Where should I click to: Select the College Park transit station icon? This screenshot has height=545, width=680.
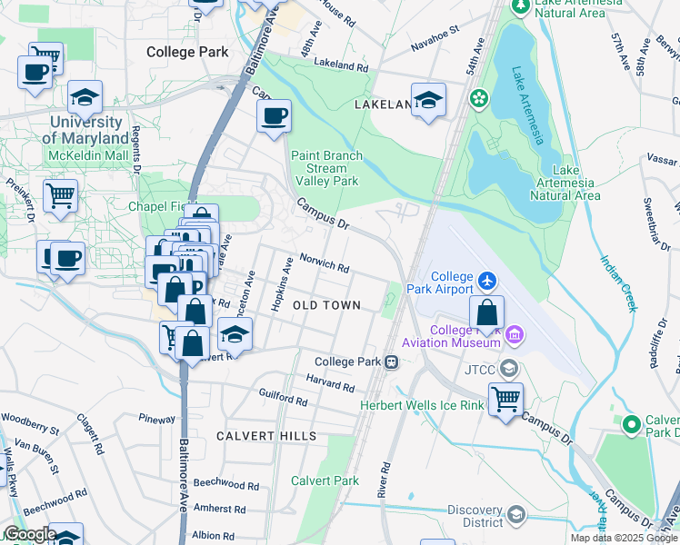(x=392, y=362)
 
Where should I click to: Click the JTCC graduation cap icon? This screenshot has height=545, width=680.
(x=509, y=368)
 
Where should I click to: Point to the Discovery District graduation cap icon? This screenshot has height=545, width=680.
(x=516, y=515)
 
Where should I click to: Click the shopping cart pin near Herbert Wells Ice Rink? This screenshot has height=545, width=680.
(x=505, y=398)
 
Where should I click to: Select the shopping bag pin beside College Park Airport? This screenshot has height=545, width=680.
(x=487, y=312)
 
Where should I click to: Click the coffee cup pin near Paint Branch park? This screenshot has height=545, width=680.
(x=273, y=115)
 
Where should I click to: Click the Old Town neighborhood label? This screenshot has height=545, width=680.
(x=326, y=306)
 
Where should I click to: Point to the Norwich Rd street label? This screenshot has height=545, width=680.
(x=325, y=263)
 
